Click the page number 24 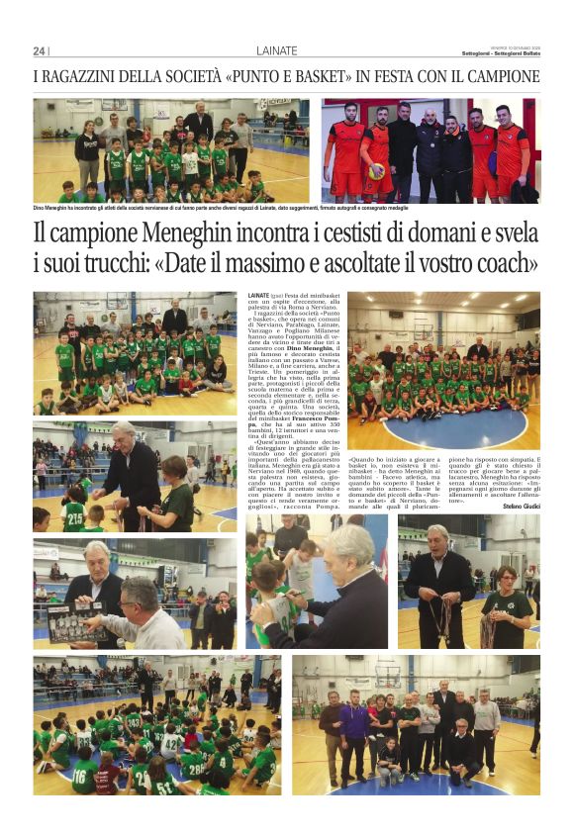tap(39, 51)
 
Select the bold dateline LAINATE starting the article tap(260, 295)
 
